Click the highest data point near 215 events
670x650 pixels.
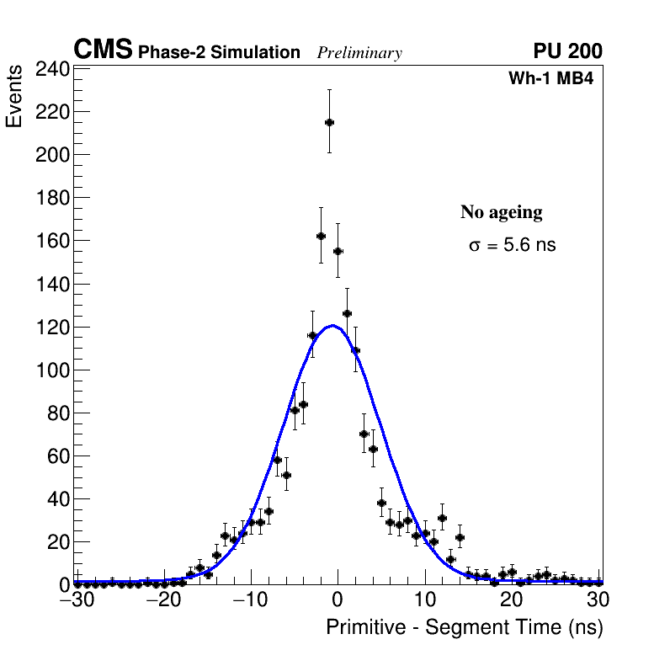click(329, 122)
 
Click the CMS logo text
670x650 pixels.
click(103, 51)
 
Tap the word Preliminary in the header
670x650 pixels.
click(359, 53)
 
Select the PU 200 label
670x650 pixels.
click(567, 51)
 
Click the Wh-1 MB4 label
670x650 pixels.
click(551, 79)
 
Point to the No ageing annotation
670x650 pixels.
click(501, 212)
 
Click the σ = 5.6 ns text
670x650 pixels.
click(512, 246)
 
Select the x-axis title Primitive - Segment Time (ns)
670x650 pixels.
click(464, 628)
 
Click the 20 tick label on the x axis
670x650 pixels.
click(512, 599)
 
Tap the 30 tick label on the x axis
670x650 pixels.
click(598, 599)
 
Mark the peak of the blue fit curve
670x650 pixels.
click(333, 326)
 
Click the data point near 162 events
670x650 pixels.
click(321, 236)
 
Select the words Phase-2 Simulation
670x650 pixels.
click(219, 53)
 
